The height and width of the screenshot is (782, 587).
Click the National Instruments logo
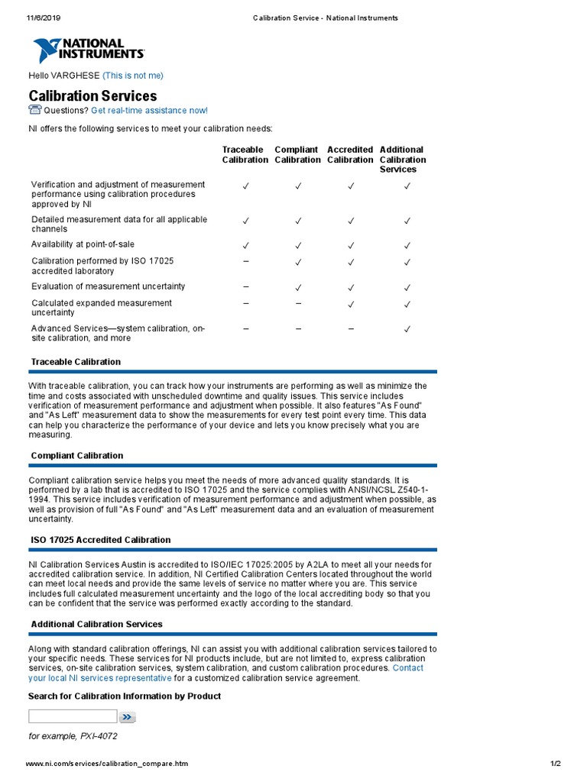88,50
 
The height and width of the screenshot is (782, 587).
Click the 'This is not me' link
132,76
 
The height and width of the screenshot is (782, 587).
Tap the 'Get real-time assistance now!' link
149,111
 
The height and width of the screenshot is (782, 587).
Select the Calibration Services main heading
92,96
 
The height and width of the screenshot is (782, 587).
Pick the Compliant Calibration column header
297,155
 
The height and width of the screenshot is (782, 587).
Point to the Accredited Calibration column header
350,155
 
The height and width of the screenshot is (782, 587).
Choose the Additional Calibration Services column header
403,160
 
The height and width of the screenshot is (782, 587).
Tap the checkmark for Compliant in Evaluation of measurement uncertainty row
298,287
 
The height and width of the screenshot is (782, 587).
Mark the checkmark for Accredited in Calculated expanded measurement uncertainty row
351,304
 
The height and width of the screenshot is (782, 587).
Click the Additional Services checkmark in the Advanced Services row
407,329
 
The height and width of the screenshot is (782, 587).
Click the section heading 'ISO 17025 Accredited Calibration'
101,540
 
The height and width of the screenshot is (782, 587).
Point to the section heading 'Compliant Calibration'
77,456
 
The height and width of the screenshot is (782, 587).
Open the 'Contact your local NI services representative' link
100,678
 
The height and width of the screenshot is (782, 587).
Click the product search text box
73,716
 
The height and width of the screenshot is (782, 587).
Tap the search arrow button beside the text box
127,717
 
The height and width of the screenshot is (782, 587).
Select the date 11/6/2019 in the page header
44,18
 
